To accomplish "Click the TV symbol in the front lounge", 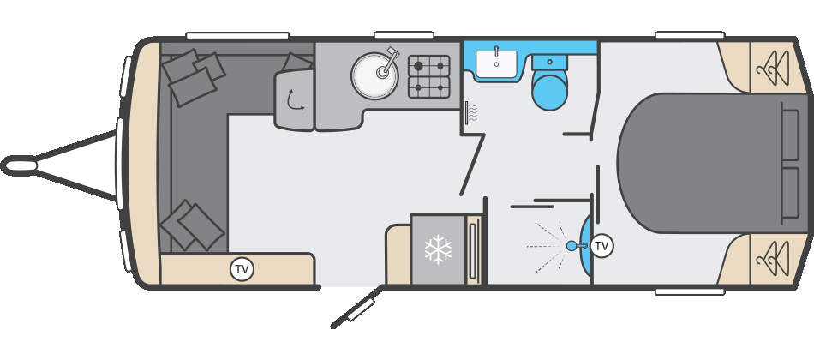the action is (x=242, y=270).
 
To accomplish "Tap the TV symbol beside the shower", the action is (x=602, y=246).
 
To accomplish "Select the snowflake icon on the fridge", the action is (x=438, y=249).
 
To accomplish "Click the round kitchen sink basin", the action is (x=374, y=75).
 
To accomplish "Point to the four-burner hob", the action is (x=428, y=76).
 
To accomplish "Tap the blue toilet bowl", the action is (x=549, y=90).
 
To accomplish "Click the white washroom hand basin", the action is (x=496, y=63).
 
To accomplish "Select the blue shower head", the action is (x=572, y=246).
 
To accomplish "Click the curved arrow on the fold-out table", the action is (x=296, y=99).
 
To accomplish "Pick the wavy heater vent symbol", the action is (x=471, y=112).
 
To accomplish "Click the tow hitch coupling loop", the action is (x=19, y=166).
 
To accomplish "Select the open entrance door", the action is (x=358, y=307).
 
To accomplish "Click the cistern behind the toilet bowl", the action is (x=549, y=63).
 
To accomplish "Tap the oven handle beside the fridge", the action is (x=472, y=249).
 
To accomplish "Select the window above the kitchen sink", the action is (x=404, y=35).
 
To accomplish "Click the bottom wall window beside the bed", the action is (x=690, y=292).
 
